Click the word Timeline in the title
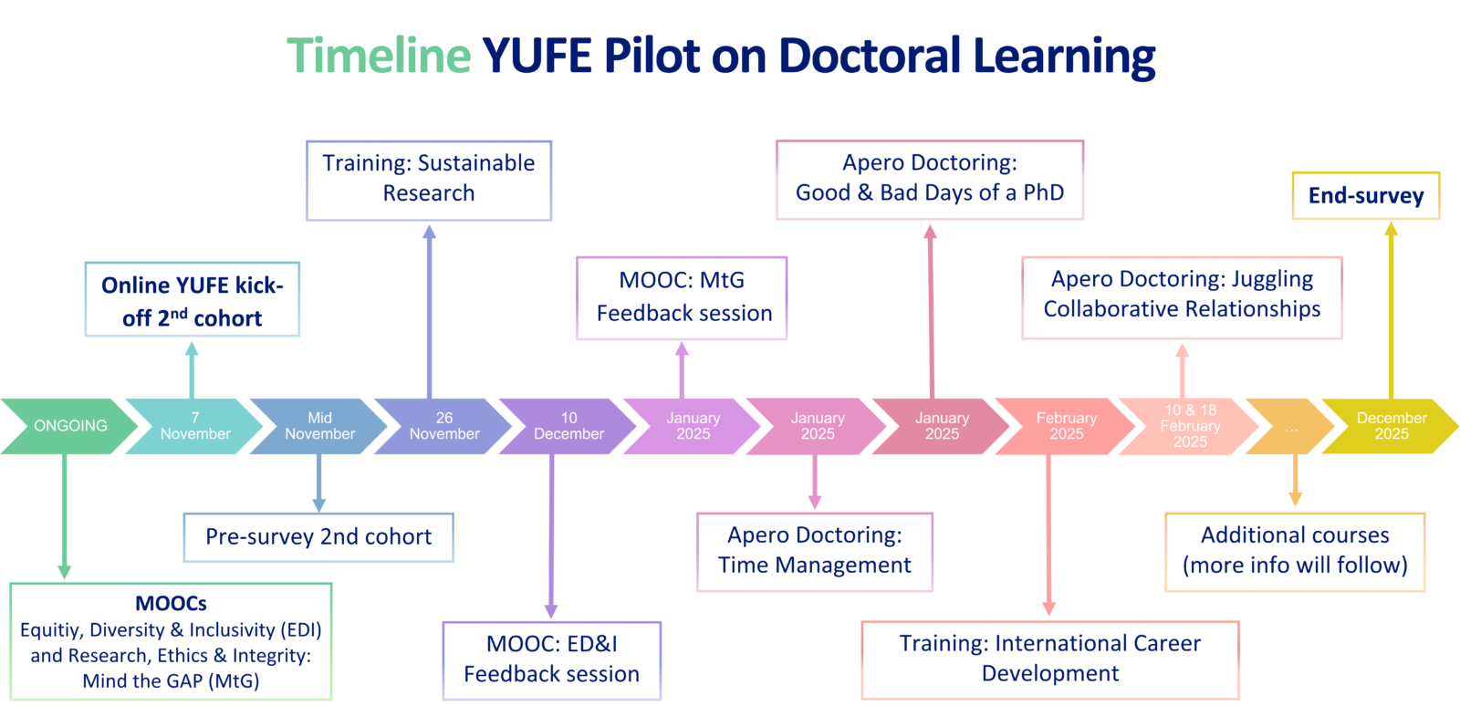(x=379, y=56)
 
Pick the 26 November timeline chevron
(x=444, y=426)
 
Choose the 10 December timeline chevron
(x=568, y=426)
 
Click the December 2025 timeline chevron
(x=1392, y=426)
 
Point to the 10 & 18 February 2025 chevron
(x=1190, y=426)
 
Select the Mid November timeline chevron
(x=319, y=426)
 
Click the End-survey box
(x=1365, y=196)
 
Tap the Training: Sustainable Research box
(x=429, y=180)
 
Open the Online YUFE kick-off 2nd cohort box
(x=193, y=300)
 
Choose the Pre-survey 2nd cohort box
(x=318, y=537)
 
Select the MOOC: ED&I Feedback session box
(x=551, y=660)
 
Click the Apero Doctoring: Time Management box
(x=814, y=552)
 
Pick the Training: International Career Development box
(x=1050, y=659)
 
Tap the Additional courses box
(x=1295, y=551)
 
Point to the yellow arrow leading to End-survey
(x=1391, y=310)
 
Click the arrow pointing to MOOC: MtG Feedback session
(x=682, y=369)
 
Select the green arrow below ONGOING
(x=64, y=515)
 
